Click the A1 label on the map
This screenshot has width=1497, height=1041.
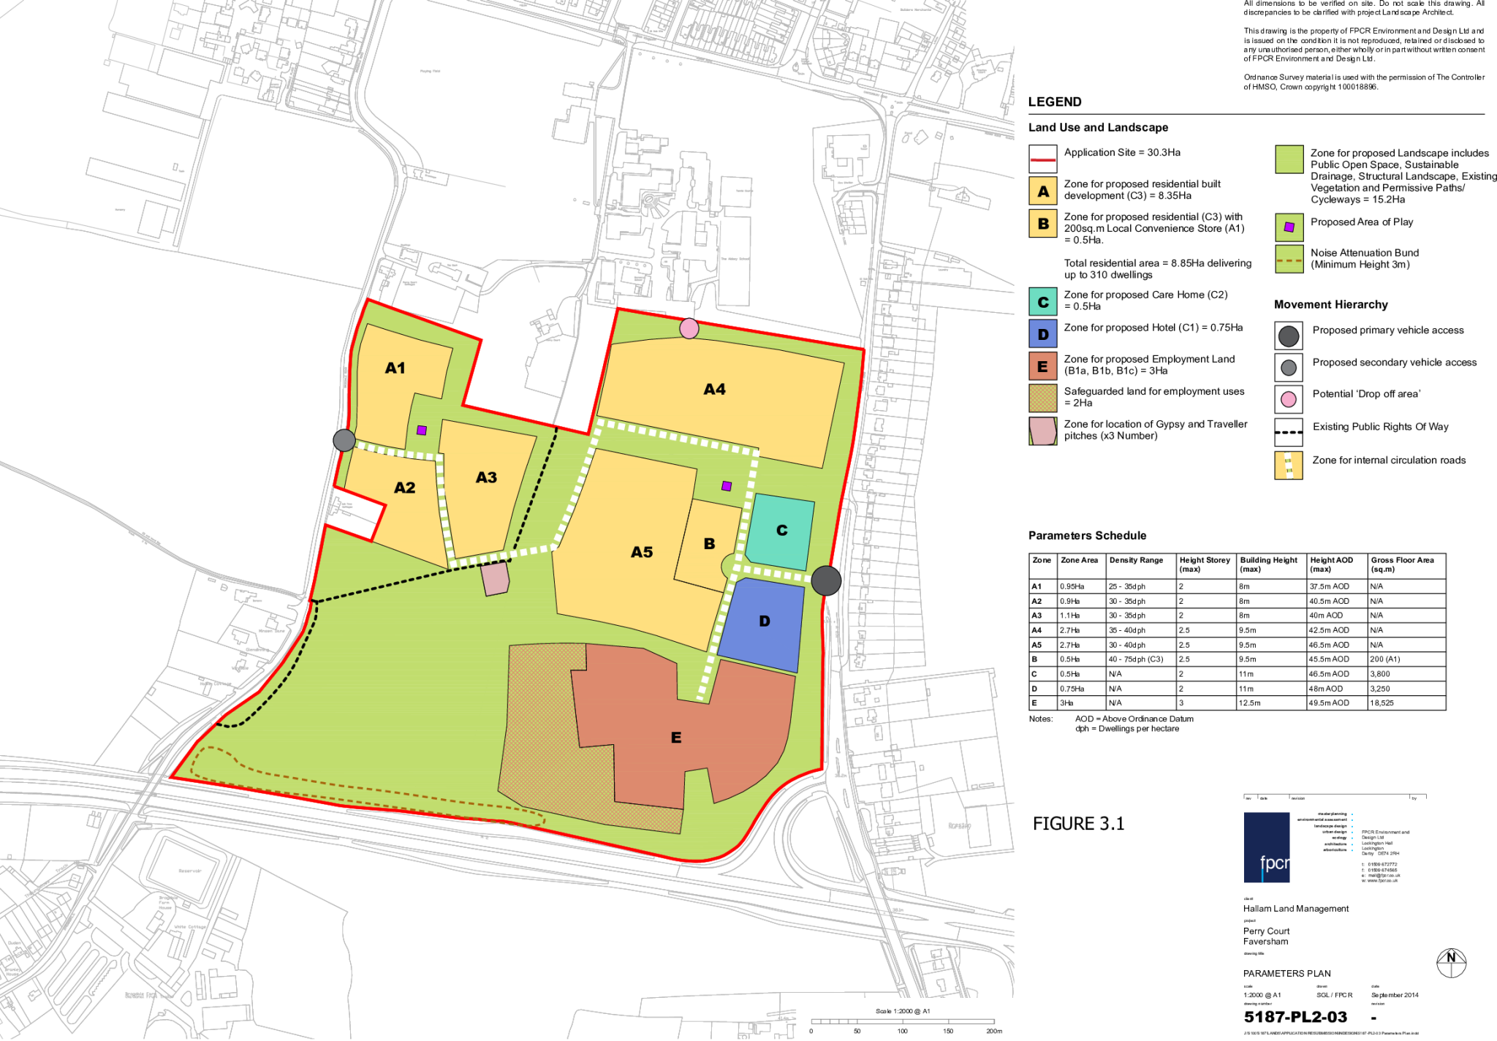[x=395, y=368]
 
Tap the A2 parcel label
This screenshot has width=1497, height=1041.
[x=404, y=488]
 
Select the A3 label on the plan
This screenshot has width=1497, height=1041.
[x=486, y=477]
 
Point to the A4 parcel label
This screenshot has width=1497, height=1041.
[x=714, y=390]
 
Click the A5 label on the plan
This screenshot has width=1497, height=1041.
[x=642, y=552]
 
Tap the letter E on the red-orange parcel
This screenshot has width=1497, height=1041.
[x=676, y=738]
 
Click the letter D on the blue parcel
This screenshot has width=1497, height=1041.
[x=765, y=621]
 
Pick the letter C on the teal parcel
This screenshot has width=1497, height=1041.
[x=781, y=530]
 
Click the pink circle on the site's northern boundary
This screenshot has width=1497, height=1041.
[x=689, y=329]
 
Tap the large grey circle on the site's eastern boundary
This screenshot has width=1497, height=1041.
[x=826, y=580]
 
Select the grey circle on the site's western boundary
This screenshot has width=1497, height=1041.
[x=344, y=440]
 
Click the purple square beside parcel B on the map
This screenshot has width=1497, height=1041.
[x=727, y=486]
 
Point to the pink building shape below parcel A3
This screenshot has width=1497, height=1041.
[x=496, y=578]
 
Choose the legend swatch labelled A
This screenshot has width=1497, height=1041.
[x=1043, y=192]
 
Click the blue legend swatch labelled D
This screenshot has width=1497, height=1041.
[x=1043, y=334]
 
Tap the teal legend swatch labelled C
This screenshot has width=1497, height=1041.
[x=1043, y=302]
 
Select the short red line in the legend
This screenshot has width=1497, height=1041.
[x=1043, y=159]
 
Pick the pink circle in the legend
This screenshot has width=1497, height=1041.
[x=1289, y=399]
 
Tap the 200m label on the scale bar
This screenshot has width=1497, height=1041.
[x=994, y=1031]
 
